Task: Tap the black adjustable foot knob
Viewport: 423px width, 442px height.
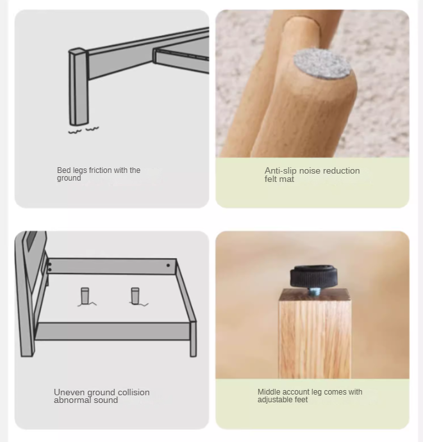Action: pyautogui.click(x=313, y=276)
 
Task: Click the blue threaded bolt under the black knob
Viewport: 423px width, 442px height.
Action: pyautogui.click(x=313, y=291)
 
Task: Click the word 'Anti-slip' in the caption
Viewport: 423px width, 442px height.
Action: pyautogui.click(x=281, y=170)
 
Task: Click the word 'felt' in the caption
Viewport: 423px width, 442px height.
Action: pyautogui.click(x=270, y=179)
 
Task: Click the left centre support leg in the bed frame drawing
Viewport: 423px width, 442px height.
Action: pyautogui.click(x=85, y=296)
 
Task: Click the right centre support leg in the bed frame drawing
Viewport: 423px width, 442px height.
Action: pyautogui.click(x=135, y=296)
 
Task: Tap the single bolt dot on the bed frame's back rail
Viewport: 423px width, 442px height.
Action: pyautogui.click(x=168, y=266)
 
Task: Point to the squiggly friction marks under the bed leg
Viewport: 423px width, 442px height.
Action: pyautogui.click(x=83, y=130)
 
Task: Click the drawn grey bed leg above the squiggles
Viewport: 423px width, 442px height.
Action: pyautogui.click(x=78, y=87)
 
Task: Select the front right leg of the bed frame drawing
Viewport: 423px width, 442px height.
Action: pyautogui.click(x=193, y=339)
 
